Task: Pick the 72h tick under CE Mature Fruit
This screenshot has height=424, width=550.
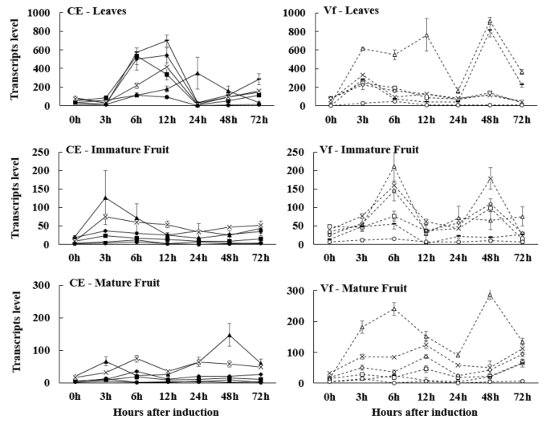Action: coord(259,396)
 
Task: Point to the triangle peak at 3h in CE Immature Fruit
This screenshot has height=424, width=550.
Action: coord(106,197)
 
